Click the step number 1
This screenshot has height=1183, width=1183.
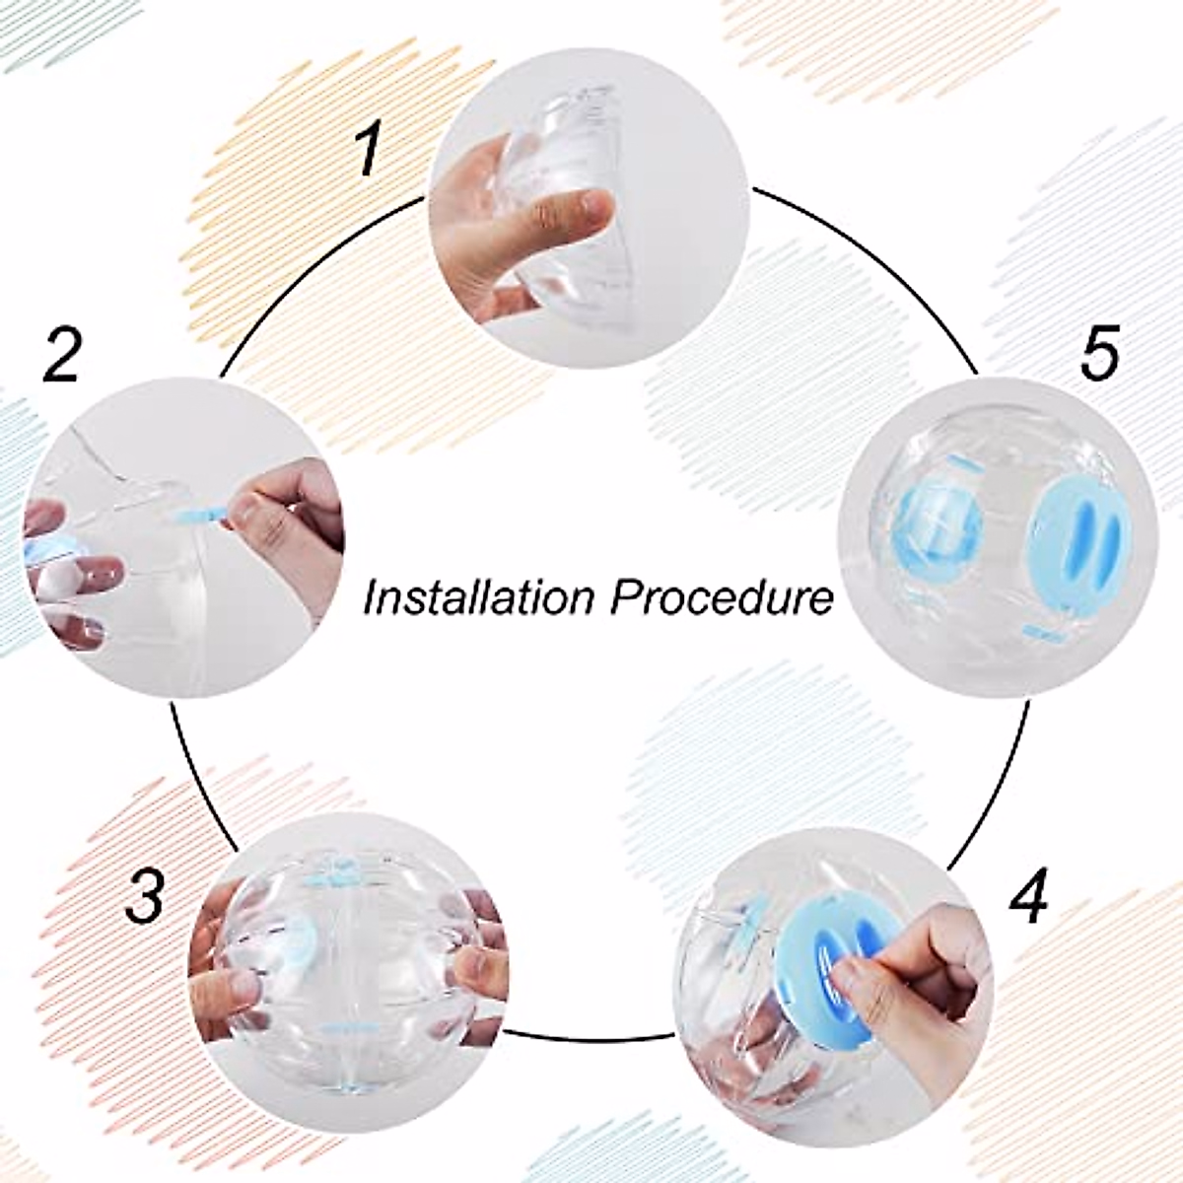[368, 151]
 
